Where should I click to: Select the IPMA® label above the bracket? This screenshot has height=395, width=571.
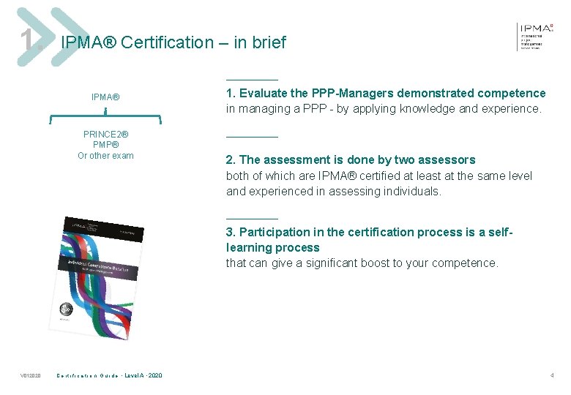105,97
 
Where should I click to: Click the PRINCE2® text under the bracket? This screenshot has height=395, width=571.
105,135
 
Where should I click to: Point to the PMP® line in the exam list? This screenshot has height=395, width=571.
105,145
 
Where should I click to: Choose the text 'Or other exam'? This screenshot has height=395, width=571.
105,155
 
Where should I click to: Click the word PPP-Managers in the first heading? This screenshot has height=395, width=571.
353,93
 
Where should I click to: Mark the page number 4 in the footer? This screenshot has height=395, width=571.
552,375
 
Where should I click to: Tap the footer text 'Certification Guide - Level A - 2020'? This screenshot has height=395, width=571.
110,376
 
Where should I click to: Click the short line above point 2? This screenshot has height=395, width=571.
252,137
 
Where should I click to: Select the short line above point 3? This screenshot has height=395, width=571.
252,218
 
